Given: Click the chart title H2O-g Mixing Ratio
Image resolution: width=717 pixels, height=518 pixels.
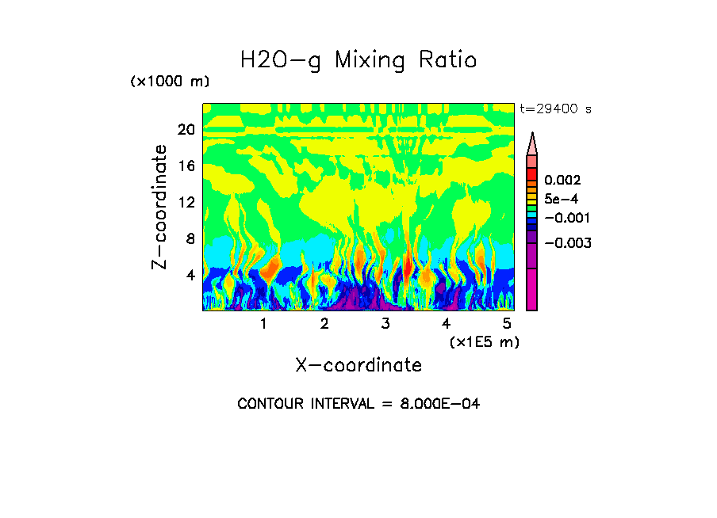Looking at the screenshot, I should point(358,61).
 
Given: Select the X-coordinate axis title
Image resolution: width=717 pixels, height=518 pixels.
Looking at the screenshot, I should point(358,365).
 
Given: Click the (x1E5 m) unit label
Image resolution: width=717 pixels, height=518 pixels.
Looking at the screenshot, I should point(484,342).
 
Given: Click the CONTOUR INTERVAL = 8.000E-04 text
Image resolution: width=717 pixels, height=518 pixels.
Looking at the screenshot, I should point(358,404).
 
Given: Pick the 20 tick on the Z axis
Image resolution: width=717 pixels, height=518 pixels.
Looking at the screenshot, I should point(186,130).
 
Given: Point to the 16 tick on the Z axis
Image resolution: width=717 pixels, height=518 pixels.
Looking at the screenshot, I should point(186,166).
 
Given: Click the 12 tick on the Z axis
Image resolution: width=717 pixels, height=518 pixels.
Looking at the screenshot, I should point(186,202).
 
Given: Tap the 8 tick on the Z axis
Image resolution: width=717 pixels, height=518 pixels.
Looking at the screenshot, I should point(190,238).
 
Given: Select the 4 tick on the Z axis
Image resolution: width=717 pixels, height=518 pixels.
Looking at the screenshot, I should point(190,275).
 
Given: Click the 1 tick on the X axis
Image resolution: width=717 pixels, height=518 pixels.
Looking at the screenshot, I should point(263,324).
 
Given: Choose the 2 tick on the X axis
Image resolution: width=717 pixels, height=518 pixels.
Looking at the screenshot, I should point(324,324).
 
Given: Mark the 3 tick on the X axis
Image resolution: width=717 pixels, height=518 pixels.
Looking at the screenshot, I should point(385,324).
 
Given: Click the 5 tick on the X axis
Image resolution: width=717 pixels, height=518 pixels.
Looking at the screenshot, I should point(507,324).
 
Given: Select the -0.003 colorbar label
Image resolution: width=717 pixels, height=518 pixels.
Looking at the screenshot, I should point(569,242).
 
